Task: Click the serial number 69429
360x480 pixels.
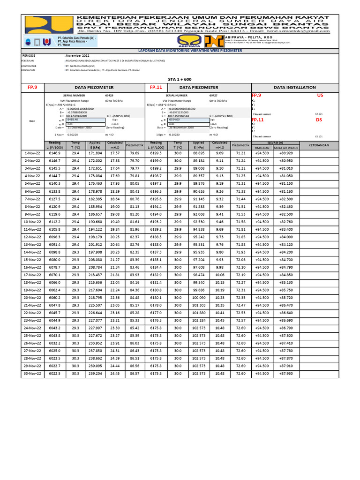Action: coord(109,95)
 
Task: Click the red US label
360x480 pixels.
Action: coord(320,95)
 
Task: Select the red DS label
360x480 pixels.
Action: coord(319,120)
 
